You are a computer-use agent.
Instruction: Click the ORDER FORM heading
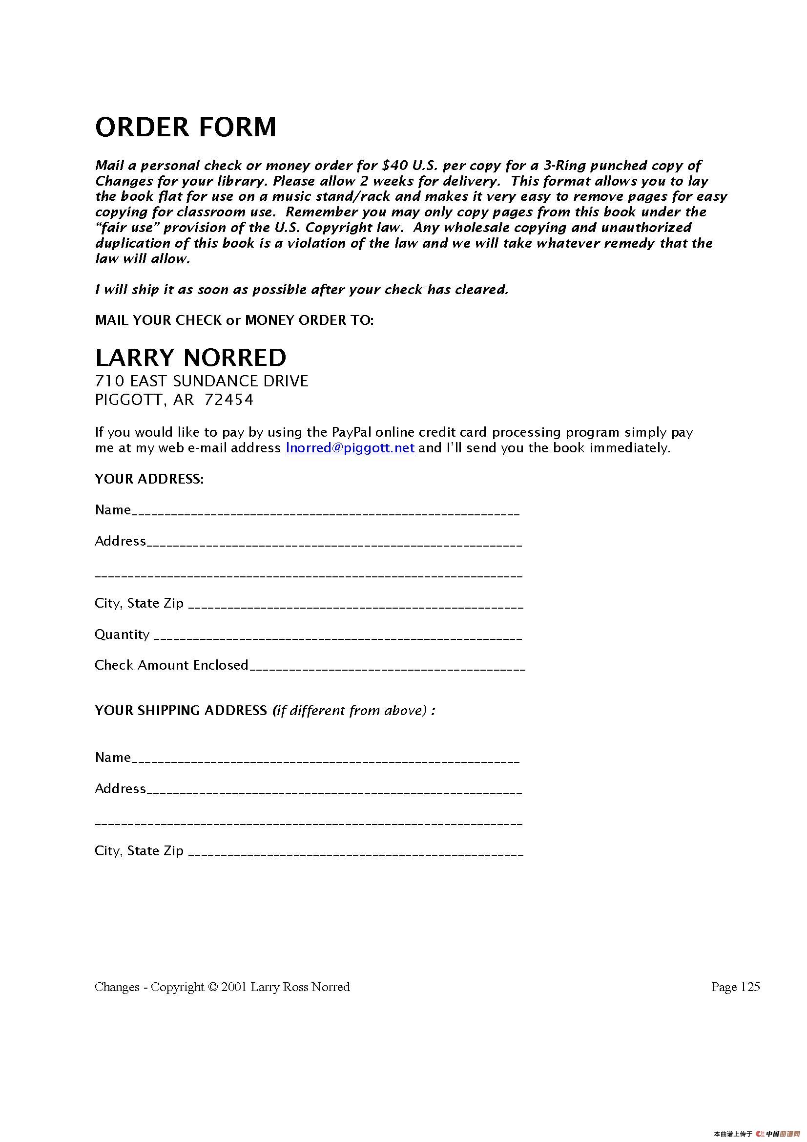[186, 127]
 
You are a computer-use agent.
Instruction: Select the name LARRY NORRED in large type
[191, 357]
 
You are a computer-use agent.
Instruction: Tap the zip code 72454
[229, 400]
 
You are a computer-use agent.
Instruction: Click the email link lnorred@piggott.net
[350, 447]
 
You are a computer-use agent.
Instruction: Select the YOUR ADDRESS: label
[149, 479]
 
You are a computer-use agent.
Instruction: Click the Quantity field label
[122, 634]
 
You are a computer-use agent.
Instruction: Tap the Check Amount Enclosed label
[171, 665]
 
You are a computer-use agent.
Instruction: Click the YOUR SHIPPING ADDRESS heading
[181, 710]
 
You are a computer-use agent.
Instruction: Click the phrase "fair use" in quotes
[126, 227]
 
